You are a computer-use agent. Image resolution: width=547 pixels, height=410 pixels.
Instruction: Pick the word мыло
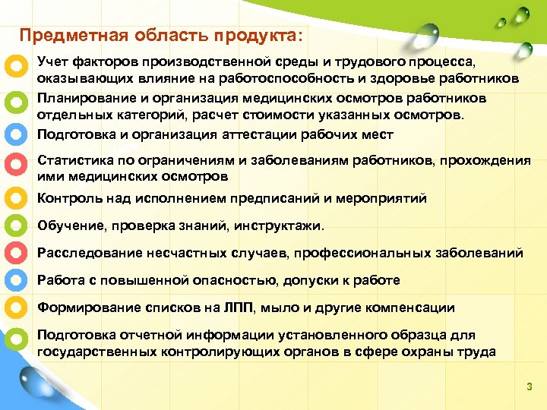coord(285,308)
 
